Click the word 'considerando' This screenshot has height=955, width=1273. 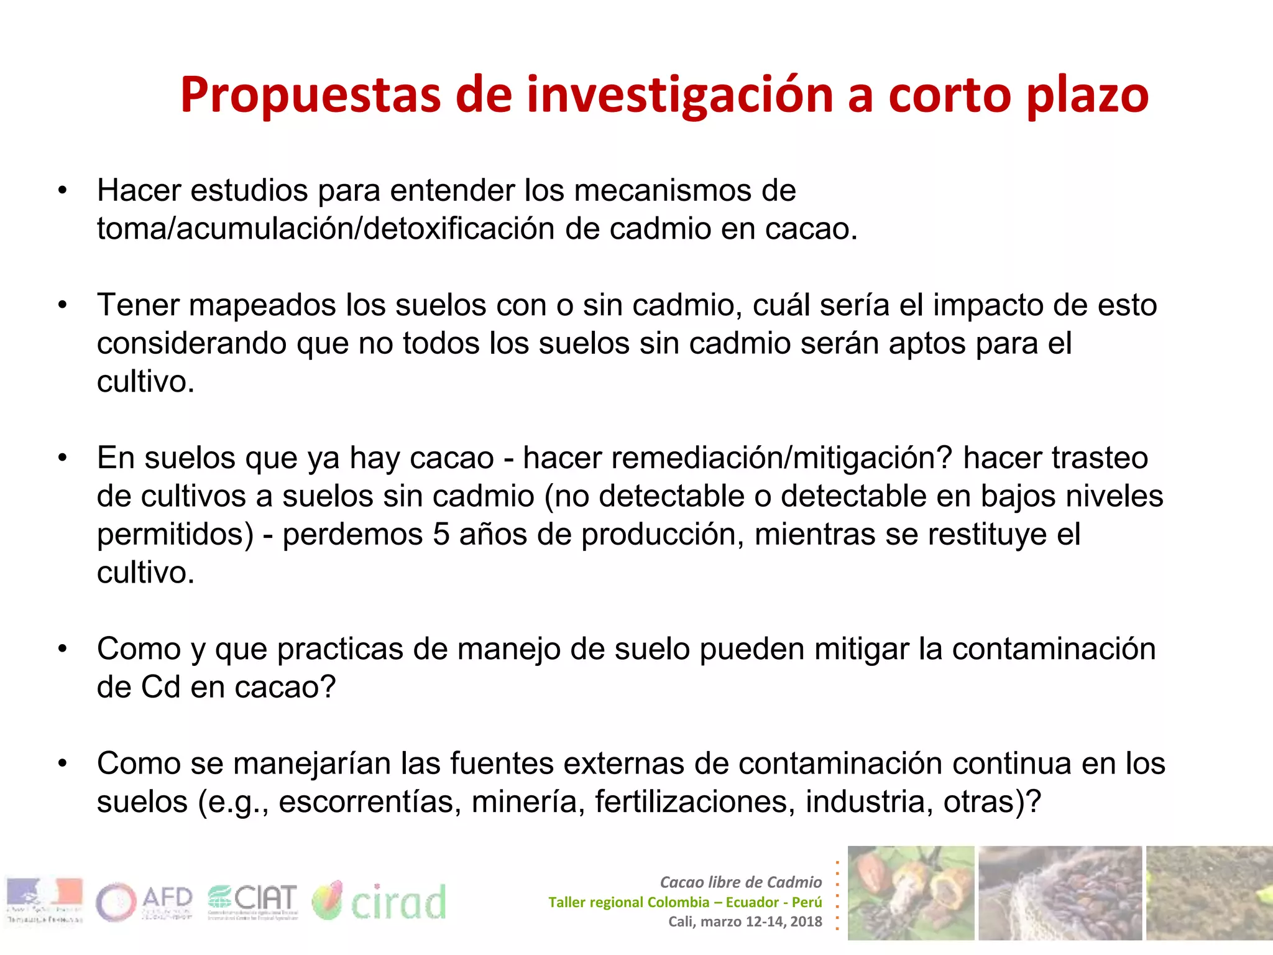coord(191,343)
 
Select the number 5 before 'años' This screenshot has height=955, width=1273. coord(441,535)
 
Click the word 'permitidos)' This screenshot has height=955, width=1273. coord(175,535)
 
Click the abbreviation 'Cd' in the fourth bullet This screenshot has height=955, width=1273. coord(160,688)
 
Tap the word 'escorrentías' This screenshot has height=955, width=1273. coord(370,802)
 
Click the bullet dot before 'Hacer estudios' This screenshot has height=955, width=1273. coord(62,191)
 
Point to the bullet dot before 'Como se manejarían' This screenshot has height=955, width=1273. coord(62,764)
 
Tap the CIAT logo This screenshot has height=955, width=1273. coord(253,902)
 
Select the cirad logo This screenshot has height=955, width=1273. coord(379,902)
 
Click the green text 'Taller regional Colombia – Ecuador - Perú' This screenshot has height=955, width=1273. coord(684,902)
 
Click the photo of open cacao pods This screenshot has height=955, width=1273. coord(911,893)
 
